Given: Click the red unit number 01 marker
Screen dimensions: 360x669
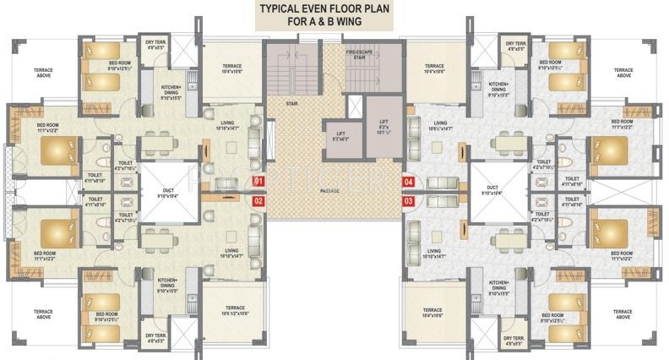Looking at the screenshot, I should coord(259,181).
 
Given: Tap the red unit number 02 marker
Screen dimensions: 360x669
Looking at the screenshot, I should coord(259,201).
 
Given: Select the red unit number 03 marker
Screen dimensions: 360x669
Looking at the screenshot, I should coord(409,201).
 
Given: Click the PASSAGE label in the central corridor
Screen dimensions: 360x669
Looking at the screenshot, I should coord(330,192).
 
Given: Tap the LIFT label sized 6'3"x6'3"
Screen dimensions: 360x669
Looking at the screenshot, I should coord(340,134).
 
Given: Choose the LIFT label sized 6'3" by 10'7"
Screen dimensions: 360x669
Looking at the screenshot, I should coord(383,128).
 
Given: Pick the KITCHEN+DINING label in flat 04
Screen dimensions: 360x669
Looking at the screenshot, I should coord(498,88).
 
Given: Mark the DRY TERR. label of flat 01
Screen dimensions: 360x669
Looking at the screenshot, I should coord(155,45).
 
